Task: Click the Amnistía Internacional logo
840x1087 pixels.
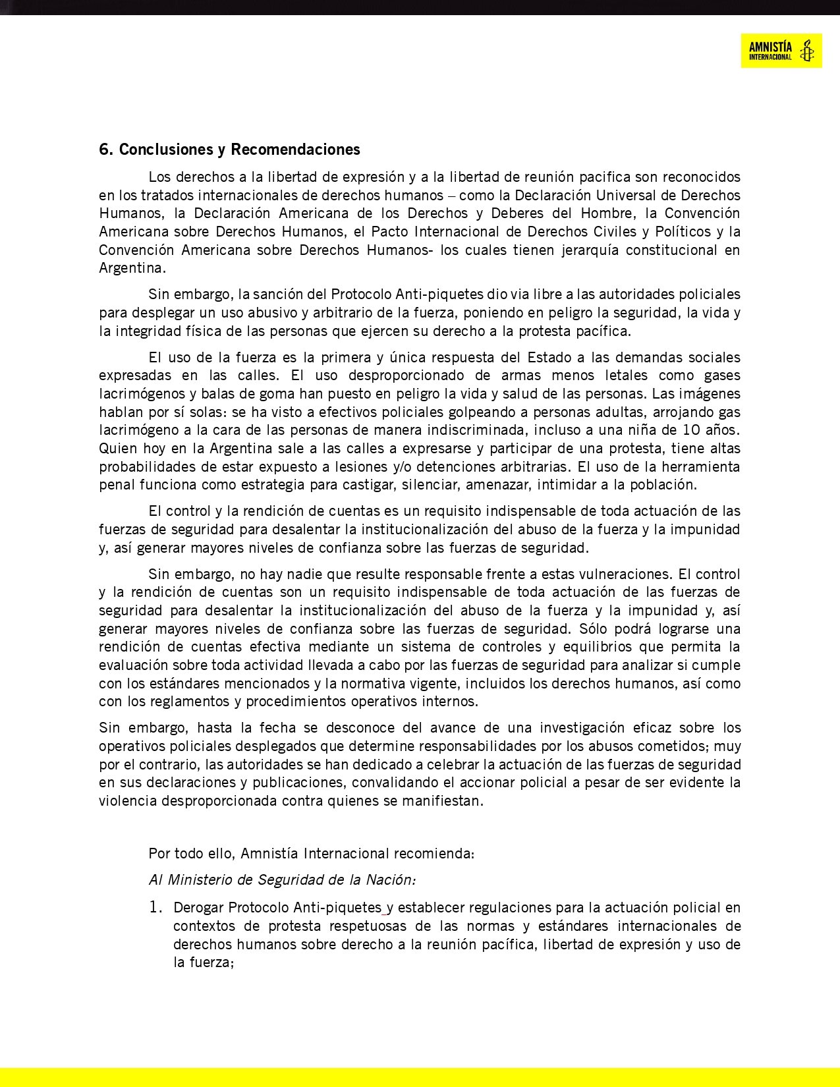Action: [781, 51]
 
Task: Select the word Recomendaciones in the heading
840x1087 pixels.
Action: [295, 150]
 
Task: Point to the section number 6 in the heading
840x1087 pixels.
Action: [104, 150]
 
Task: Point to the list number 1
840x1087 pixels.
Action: [155, 908]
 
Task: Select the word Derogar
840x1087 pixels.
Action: [198, 908]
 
